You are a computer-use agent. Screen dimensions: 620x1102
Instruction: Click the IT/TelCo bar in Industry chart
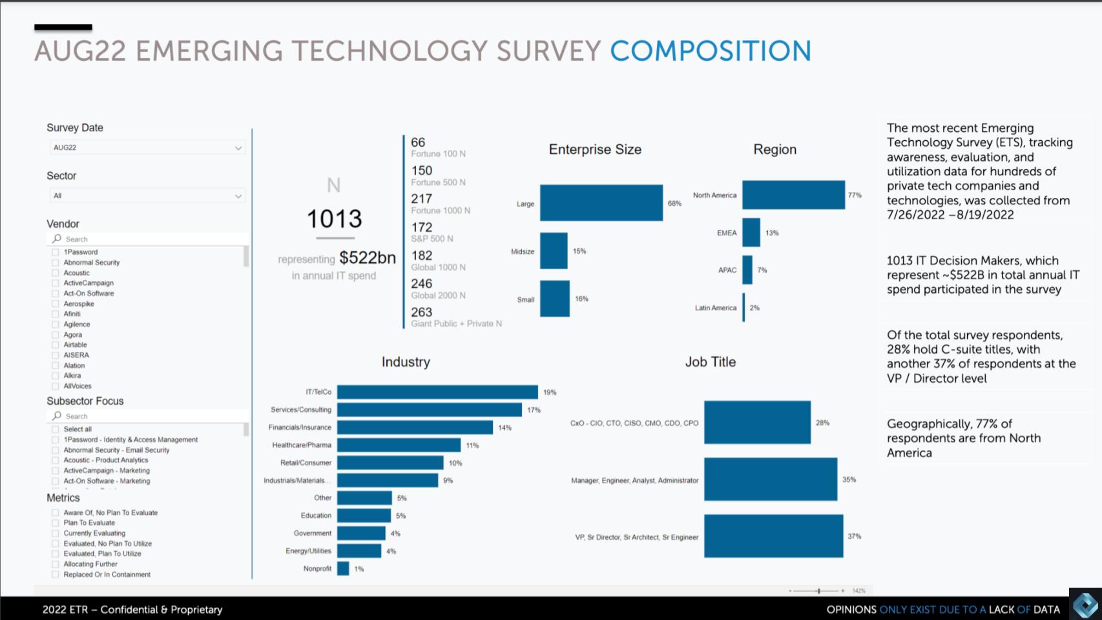point(437,392)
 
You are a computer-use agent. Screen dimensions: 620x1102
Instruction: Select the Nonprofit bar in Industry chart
point(343,569)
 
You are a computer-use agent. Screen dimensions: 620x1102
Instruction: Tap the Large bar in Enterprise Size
point(601,203)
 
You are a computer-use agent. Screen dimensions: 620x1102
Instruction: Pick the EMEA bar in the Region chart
point(751,233)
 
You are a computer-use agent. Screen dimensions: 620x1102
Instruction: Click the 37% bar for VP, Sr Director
point(773,536)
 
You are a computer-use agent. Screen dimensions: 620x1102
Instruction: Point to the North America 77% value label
point(855,195)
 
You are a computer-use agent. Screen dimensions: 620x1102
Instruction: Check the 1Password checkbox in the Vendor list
point(56,252)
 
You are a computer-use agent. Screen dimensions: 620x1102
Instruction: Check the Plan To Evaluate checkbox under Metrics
point(56,523)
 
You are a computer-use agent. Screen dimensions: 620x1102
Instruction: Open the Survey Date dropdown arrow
point(238,148)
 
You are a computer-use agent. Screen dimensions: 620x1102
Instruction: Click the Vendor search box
point(149,239)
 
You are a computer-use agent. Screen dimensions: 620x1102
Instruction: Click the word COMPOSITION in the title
point(711,51)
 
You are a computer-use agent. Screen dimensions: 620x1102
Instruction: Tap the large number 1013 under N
point(334,219)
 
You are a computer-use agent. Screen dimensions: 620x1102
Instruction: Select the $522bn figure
point(368,258)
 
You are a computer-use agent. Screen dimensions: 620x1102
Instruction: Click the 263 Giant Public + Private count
point(422,312)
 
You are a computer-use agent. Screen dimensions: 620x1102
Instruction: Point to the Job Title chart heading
point(710,362)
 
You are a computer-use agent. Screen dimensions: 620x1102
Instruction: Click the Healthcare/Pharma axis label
point(302,445)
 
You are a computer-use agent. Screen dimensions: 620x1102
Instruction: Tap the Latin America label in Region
point(715,308)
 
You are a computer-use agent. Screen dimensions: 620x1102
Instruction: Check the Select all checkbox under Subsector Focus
point(56,429)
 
